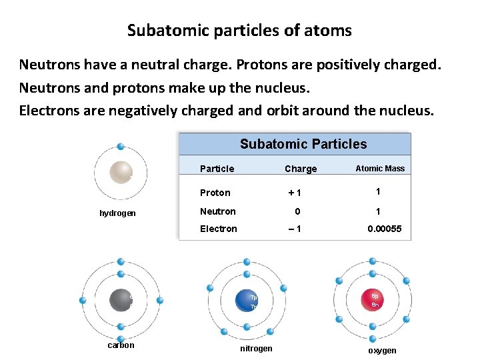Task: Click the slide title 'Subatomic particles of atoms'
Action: [239, 31]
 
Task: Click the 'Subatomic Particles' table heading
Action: [303, 144]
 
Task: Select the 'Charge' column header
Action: [301, 169]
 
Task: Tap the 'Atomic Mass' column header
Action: [380, 169]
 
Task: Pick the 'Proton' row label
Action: [215, 193]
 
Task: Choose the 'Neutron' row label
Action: [218, 211]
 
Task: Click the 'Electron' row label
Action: [219, 229]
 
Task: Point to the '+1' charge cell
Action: [295, 193]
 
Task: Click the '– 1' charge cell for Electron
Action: [295, 229]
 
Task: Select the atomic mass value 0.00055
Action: [385, 229]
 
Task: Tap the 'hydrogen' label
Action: [117, 213]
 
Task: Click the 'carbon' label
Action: [121, 345]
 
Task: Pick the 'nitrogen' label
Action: [255, 349]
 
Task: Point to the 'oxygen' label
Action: [382, 351]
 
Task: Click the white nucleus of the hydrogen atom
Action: [121, 172]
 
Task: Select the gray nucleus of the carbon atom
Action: [121, 300]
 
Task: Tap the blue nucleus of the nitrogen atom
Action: [247, 302]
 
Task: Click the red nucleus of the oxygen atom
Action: [373, 300]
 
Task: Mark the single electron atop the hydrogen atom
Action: [121, 147]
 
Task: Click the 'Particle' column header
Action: [217, 169]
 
